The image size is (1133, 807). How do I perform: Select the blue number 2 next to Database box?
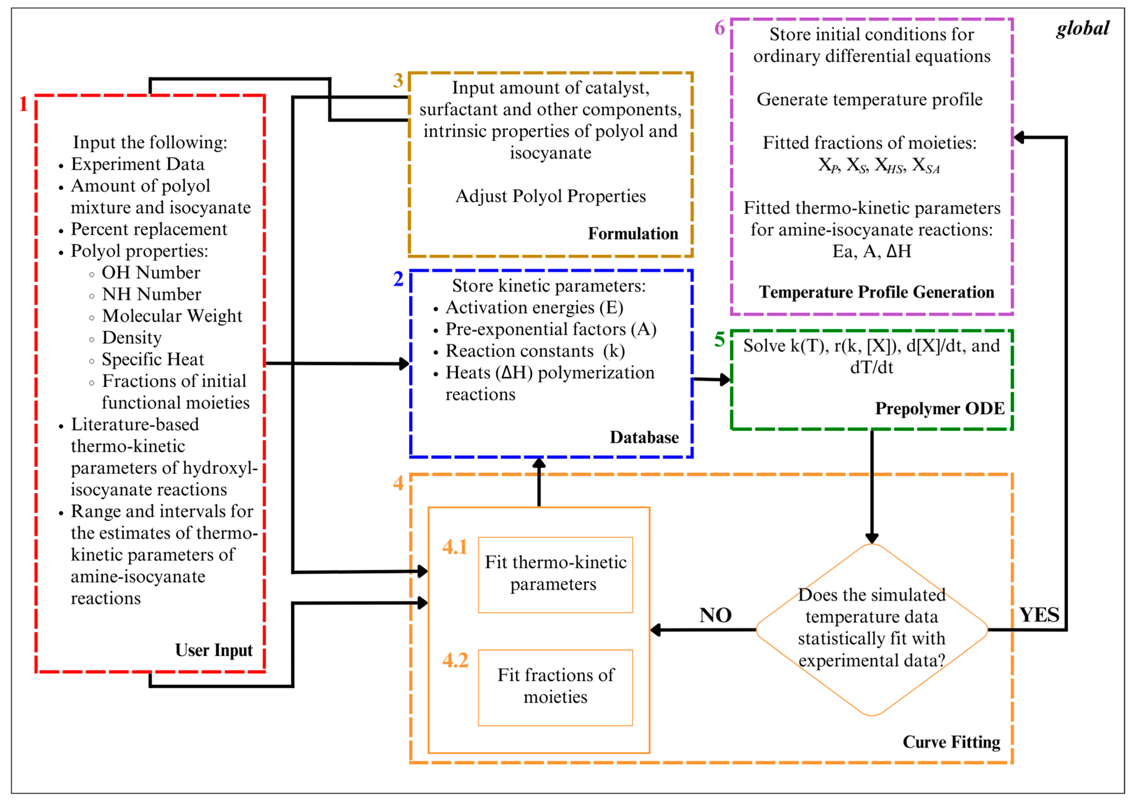398,279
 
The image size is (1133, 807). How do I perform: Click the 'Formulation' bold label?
633,234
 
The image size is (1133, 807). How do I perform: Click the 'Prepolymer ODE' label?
939,409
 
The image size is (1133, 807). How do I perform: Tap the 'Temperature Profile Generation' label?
876,292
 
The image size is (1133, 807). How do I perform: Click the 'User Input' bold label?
214,650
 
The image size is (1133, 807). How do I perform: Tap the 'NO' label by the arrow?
715,615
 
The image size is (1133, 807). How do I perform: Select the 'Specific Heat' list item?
152,359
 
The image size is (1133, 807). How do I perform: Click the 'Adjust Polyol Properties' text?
550,196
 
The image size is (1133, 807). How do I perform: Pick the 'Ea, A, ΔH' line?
872,251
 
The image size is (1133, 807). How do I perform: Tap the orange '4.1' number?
455,547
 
